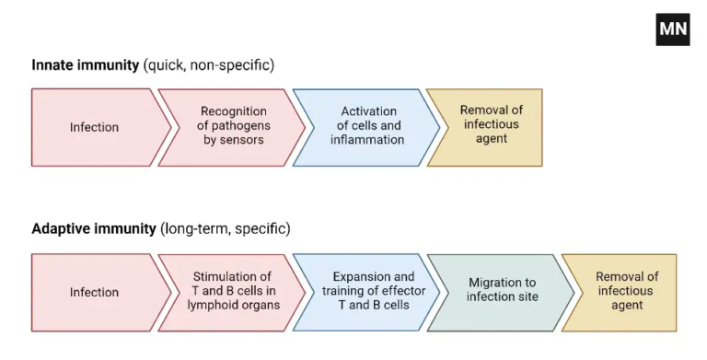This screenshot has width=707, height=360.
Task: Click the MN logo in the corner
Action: coord(673,29)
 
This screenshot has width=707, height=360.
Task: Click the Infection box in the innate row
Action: coord(95,127)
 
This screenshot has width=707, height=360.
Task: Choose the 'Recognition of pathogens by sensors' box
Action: coord(233,126)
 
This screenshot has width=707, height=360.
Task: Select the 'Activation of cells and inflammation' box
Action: coord(366,126)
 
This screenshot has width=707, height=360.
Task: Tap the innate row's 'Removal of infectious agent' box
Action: coord(490,125)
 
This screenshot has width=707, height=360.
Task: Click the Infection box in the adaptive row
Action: coord(95,292)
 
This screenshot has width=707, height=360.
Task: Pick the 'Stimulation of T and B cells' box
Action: coord(232,291)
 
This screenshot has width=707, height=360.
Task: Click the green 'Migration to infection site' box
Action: coord(502,291)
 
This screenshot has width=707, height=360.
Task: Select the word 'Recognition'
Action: coord(234,111)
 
